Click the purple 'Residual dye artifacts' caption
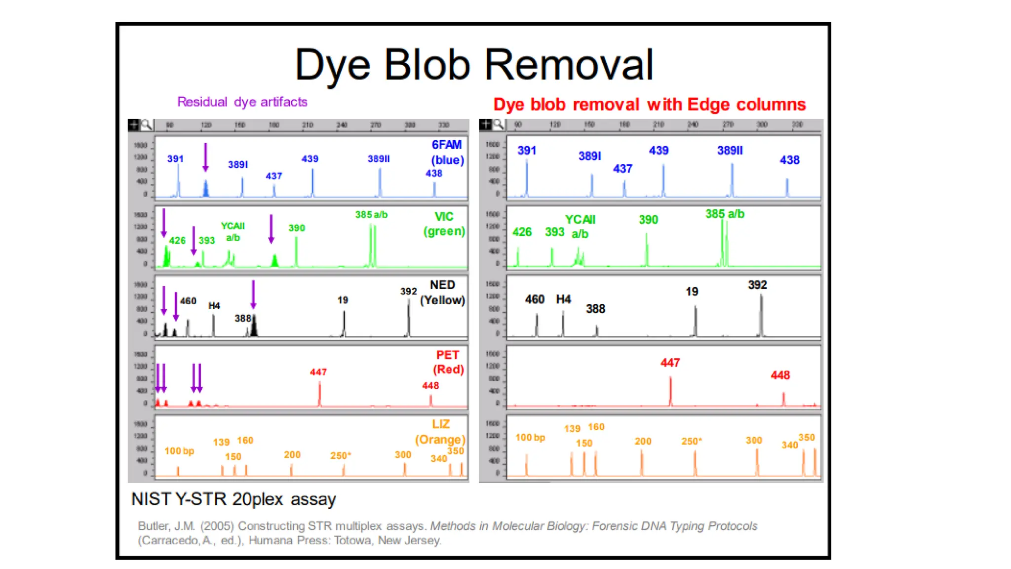pos(242,102)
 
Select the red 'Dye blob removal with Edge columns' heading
pos(649,105)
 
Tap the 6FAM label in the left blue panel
pos(447,145)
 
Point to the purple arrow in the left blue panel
pos(206,157)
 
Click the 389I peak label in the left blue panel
pos(238,164)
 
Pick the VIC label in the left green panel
pos(444,217)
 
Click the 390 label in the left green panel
pos(297,228)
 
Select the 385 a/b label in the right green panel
pos(725,214)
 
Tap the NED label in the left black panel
pos(442,285)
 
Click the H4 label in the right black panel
pos(563,299)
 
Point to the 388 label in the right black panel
pos(595,309)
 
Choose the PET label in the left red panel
pos(448,355)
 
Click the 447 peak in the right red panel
pos(670,390)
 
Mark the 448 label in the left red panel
pos(430,386)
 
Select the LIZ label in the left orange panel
pos(441,424)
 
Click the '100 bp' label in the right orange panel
pos(530,438)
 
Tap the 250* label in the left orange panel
pos(341,455)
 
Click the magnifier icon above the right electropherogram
pos(499,124)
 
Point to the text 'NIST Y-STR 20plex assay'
pos(233,499)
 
